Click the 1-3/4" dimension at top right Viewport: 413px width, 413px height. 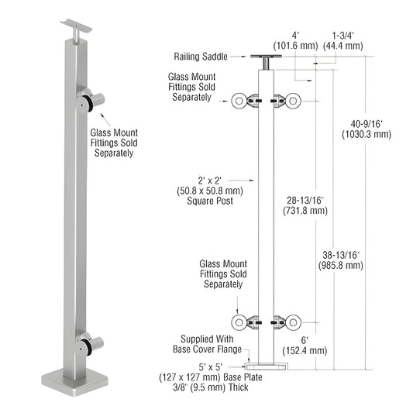click(x=347, y=41)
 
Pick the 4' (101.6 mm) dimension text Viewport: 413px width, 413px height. click(x=294, y=41)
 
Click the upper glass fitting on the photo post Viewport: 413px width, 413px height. click(x=94, y=101)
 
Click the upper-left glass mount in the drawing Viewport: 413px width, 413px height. click(x=247, y=100)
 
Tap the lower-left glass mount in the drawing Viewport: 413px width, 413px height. click(x=247, y=322)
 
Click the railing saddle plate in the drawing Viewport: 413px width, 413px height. click(x=266, y=56)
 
